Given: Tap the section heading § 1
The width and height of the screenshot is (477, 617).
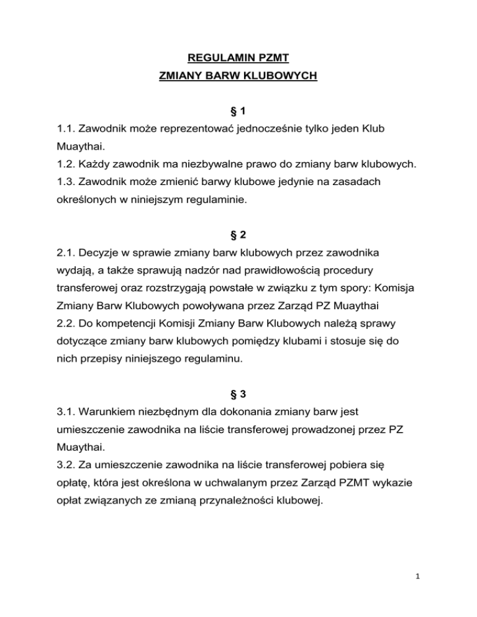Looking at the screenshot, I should pyautogui.click(x=238, y=112).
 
